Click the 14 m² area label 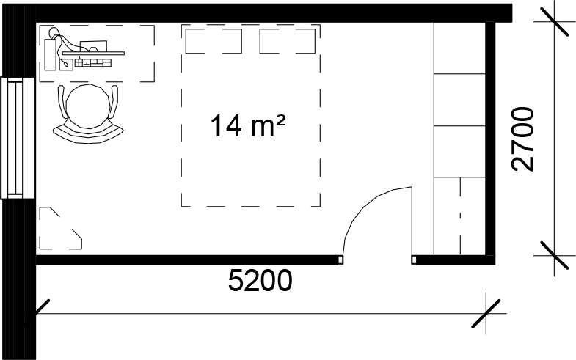click(247, 125)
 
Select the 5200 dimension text click(260, 281)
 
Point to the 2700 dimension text click(522, 139)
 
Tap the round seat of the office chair click(88, 106)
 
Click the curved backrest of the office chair click(88, 134)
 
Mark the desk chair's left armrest click(63, 102)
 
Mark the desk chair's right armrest click(114, 102)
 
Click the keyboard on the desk click(93, 63)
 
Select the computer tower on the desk click(51, 54)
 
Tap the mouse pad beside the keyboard click(66, 65)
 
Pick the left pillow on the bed click(214, 41)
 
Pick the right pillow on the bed click(287, 41)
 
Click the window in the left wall click(18, 138)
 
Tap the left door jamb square click(340, 260)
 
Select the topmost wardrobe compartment click(459, 48)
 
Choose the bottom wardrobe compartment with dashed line click(459, 216)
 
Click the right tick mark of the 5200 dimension click(486, 313)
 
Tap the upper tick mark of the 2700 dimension click(554, 22)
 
